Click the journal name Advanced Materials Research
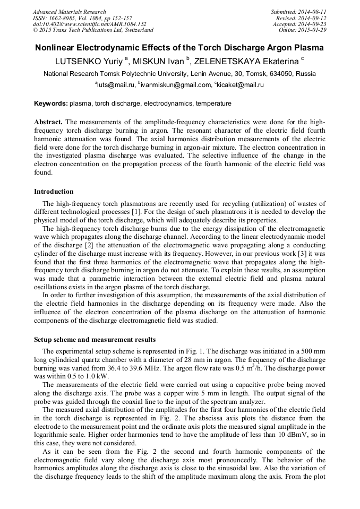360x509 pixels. tap(69, 12)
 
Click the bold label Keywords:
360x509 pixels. tap(51, 103)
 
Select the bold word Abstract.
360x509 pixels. tap(48, 122)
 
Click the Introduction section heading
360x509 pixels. tap(54, 192)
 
